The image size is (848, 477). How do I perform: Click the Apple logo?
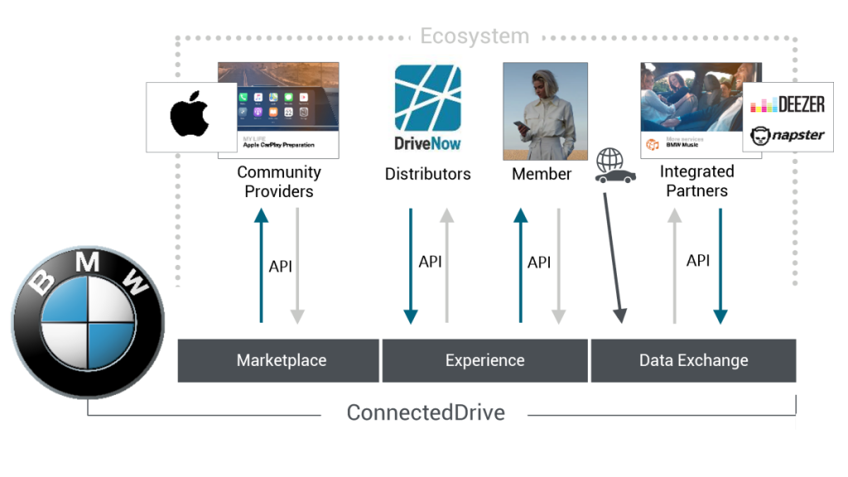190,117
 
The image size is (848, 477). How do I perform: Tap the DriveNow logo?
427,108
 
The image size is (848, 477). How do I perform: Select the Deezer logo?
788,104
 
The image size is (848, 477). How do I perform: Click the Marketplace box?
281,360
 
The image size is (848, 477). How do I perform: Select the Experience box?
484,360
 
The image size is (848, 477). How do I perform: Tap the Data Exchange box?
693,360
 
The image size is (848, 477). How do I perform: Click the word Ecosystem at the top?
474,36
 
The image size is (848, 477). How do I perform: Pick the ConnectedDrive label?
425,412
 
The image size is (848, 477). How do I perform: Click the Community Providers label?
279,182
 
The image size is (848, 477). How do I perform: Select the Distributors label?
427,174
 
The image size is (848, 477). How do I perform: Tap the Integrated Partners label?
696,181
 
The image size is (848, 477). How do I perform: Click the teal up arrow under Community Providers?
261,265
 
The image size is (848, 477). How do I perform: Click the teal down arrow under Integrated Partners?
720,265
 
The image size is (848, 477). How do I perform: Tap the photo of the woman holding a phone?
545,111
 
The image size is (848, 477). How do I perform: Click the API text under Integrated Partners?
698,261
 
